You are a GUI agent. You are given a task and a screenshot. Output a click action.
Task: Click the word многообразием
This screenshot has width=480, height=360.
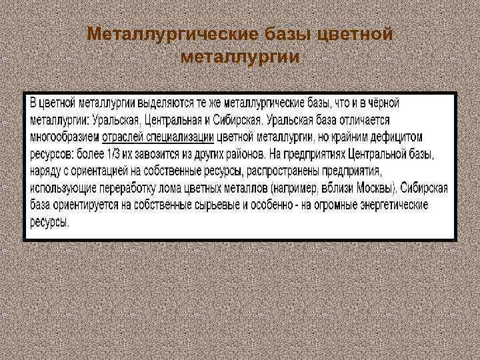[64, 137]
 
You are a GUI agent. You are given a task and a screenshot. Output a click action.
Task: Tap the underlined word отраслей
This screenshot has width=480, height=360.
[123, 137]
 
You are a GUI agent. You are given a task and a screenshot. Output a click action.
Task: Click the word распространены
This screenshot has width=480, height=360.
[288, 172]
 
